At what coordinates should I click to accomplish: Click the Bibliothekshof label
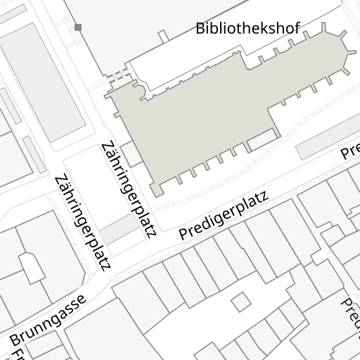[247, 29]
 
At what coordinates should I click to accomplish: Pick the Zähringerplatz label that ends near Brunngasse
[83, 221]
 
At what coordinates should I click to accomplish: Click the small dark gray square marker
[77, 27]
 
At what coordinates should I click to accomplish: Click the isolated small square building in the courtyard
[241, 302]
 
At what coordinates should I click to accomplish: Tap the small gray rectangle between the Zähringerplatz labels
[117, 229]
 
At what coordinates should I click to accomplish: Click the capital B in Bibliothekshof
[200, 29]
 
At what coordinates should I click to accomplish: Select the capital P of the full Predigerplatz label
[184, 233]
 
